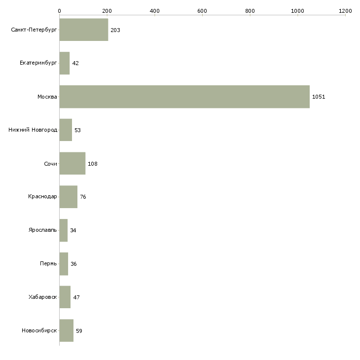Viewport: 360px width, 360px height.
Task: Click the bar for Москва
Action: [x=184, y=97]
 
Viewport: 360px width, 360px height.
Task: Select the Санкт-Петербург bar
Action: [x=84, y=30]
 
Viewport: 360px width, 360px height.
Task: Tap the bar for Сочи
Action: [x=72, y=164]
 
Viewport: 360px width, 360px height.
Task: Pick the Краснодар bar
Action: [x=68, y=197]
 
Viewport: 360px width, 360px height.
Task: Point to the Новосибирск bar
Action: [x=66, y=330]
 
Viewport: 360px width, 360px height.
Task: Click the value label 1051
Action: [x=319, y=97]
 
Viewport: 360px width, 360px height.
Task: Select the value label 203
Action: [x=115, y=31]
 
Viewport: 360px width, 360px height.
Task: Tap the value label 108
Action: [x=93, y=164]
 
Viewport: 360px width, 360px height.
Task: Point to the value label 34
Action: [x=73, y=230]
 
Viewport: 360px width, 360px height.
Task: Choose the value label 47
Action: [x=76, y=297]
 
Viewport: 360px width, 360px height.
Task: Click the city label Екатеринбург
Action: [x=38, y=64]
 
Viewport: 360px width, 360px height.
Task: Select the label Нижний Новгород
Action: [x=33, y=130]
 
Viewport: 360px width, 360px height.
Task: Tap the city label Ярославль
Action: [x=43, y=230]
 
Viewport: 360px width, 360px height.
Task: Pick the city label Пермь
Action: [x=48, y=264]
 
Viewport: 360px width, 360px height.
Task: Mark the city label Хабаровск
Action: [x=43, y=297]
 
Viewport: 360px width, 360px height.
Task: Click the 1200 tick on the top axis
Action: [x=345, y=10]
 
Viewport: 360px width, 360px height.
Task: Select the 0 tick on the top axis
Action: [x=59, y=10]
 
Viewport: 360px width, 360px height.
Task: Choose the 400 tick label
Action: [x=154, y=10]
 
